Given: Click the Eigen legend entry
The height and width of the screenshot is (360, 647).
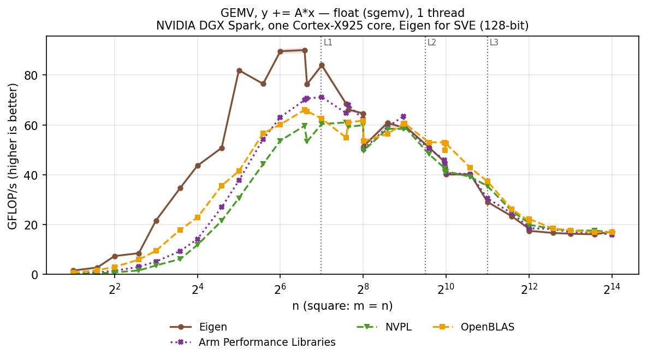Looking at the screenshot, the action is pyautogui.click(x=199, y=327).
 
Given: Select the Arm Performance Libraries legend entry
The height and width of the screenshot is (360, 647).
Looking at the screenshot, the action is pyautogui.click(x=253, y=343).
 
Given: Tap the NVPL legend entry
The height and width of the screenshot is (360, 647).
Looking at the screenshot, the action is pyautogui.click(x=384, y=327).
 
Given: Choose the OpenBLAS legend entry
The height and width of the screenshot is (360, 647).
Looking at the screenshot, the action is pyautogui.click(x=473, y=327).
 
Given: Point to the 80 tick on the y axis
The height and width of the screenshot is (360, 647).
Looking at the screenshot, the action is pyautogui.click(x=33, y=75).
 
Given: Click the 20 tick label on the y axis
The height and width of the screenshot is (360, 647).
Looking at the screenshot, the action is pyautogui.click(x=33, y=225).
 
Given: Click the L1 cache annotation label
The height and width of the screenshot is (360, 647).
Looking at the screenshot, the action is pyautogui.click(x=328, y=42).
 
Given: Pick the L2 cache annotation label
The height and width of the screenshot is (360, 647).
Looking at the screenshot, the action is pyautogui.click(x=432, y=42).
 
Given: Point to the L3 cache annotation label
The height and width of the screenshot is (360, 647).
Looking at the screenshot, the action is pyautogui.click(x=494, y=42).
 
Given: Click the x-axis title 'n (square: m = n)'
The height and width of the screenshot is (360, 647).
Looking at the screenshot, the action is pyautogui.click(x=342, y=306).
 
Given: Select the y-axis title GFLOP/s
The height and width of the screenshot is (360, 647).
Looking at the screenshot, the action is pyautogui.click(x=13, y=156).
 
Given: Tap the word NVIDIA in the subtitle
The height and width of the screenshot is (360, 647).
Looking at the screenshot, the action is pyautogui.click(x=172, y=26).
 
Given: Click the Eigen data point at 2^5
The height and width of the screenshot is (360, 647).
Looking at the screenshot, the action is pyautogui.click(x=239, y=71).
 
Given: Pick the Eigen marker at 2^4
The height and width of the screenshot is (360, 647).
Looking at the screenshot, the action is pyautogui.click(x=198, y=166).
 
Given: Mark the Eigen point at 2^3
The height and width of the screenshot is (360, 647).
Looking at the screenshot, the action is pyautogui.click(x=156, y=221).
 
